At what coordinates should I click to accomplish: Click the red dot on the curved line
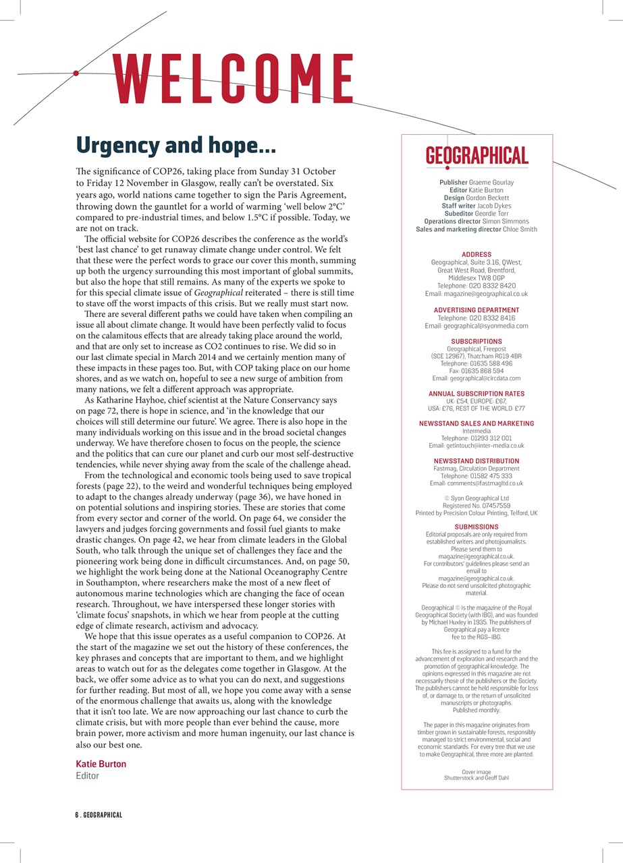coord(76,73)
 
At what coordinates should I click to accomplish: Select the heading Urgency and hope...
coord(175,145)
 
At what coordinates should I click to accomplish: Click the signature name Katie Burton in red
coord(101,764)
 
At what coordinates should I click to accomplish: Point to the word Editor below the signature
coord(87,776)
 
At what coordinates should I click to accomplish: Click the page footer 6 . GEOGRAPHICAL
coord(98,815)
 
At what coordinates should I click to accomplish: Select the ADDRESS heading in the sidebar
coord(477,255)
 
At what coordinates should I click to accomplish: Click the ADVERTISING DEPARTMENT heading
coord(477,310)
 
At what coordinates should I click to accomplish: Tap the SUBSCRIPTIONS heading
coord(477,342)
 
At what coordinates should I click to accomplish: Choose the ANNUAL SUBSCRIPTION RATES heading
coord(477,394)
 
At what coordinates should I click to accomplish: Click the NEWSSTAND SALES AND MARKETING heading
coord(477,423)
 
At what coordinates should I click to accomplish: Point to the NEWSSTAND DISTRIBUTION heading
coord(477,461)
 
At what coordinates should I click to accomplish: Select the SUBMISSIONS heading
coord(477,527)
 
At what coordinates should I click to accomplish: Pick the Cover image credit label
coord(477,771)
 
